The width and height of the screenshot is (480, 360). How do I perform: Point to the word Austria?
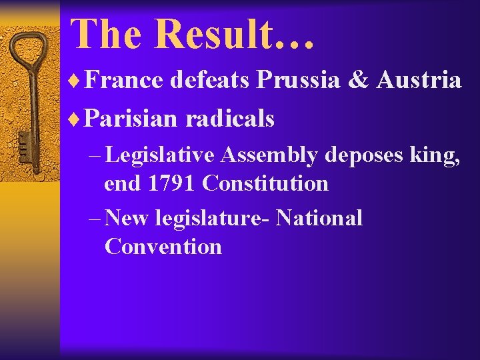(x=419, y=81)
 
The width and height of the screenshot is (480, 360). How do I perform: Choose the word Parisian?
(x=131, y=119)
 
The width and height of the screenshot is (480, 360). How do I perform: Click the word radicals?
(x=230, y=119)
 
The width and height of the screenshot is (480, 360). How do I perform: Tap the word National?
(x=319, y=217)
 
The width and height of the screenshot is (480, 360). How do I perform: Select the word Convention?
(x=163, y=247)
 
